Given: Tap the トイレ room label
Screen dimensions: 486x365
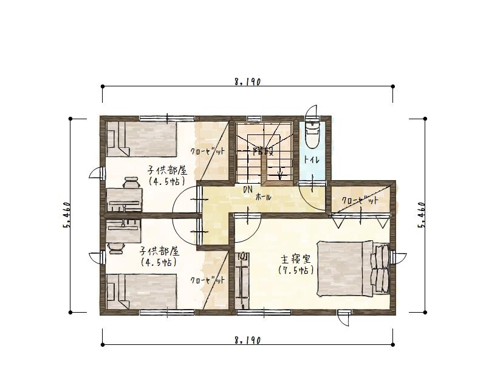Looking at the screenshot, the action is pos(312,161).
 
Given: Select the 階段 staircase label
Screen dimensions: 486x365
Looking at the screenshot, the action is pos(264,151).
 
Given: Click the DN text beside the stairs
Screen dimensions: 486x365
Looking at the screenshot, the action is pos(248,189).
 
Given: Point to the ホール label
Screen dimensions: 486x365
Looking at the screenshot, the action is pos(264,196).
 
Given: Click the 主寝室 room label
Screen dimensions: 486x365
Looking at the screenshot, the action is pos(296,259).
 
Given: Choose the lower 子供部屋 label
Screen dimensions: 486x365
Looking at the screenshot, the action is pos(159,251).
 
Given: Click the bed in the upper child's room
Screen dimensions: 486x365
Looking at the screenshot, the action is pos(142,139).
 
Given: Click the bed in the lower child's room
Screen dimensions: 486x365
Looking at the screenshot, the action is pos(142,291).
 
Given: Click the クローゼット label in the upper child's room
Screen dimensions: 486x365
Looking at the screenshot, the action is pos(207,151).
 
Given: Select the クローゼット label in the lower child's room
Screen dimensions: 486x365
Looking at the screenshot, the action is pos(207,280).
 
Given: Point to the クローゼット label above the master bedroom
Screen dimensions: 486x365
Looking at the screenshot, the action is pos(360,200).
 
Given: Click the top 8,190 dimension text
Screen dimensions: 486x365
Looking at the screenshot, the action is pos(248,82).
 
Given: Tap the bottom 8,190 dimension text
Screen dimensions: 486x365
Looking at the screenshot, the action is pos(248,341).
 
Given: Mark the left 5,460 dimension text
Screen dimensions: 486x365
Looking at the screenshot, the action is pos(67,215).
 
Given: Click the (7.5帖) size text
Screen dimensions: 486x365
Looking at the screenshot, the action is pos(296,270).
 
